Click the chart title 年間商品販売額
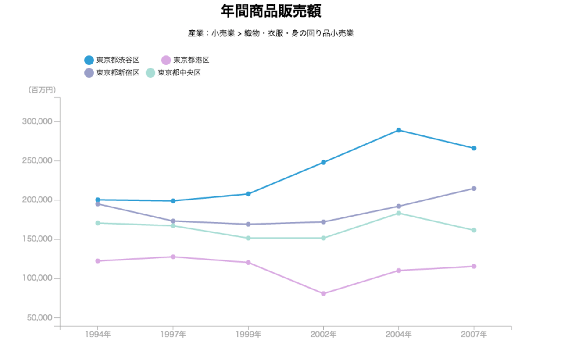coord(271,11)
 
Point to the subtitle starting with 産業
coord(271,33)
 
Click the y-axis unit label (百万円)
coord(42,90)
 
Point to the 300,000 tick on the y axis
coord(37,121)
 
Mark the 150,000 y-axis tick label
coord(37,239)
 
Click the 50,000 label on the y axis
coord(39,317)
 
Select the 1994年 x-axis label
coord(98,335)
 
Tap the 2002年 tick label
coord(323,335)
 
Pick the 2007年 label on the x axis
coord(474,335)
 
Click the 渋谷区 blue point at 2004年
coord(399,130)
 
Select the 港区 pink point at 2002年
coord(323,294)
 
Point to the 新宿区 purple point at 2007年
coord(474,189)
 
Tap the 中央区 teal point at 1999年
coord(248,238)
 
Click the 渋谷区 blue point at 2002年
coord(323,162)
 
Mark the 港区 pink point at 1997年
coord(173,257)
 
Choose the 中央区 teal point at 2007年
coord(474,230)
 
